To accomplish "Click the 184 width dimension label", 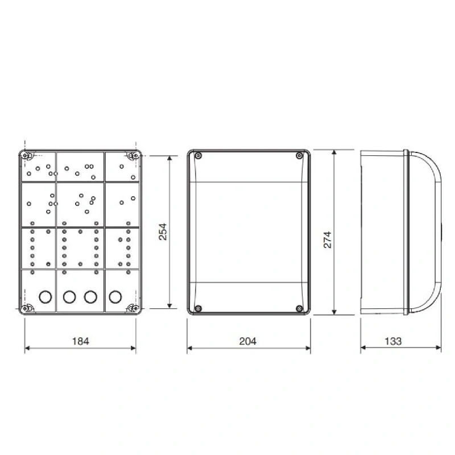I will tap(80, 341).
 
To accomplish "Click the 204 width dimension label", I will tap(248, 341).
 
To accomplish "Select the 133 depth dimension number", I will tap(393, 341).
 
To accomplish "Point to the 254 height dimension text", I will tap(163, 232).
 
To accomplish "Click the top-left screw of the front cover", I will tap(197, 156).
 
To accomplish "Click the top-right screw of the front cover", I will tap(299, 156).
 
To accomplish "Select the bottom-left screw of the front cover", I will tap(197, 308).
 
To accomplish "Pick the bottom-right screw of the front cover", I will tap(299, 308).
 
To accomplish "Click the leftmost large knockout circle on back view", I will tap(44, 296).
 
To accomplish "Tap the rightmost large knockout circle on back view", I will tap(115, 296).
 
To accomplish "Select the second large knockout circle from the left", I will tap(69, 296).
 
